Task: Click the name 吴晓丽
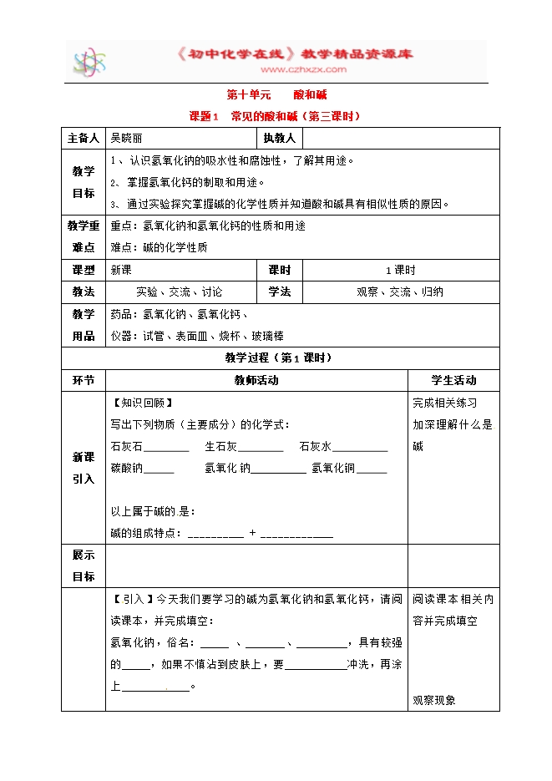(128, 138)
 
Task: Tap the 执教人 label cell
(279, 138)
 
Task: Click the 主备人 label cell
(84, 138)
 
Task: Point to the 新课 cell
(121, 271)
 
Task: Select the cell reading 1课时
(399, 271)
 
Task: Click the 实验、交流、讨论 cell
(180, 292)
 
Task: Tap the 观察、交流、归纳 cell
(399, 292)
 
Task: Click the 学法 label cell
(279, 292)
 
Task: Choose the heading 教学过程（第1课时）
(279, 358)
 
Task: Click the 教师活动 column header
(256, 380)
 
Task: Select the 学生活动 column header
(453, 380)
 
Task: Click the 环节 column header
(84, 380)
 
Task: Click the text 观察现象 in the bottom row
(434, 700)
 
